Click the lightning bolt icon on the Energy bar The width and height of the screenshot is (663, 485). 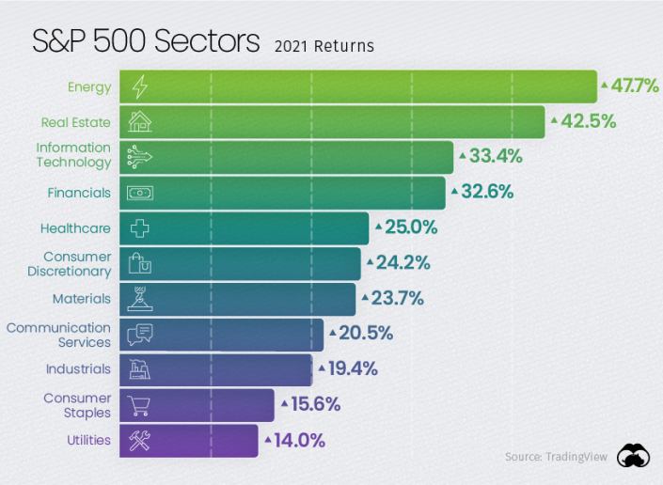tap(139, 87)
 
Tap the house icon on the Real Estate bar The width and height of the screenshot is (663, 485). tap(139, 122)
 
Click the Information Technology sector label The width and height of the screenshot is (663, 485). tap(73, 155)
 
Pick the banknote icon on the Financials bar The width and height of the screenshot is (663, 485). tap(139, 193)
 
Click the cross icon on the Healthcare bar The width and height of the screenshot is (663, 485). tap(139, 228)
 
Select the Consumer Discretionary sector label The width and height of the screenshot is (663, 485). tap(76, 264)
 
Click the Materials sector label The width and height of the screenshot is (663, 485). tap(81, 299)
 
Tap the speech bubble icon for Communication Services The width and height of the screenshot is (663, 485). tap(139, 334)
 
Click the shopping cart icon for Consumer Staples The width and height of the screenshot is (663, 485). tap(139, 405)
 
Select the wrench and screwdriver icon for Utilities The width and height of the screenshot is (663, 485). tap(139, 440)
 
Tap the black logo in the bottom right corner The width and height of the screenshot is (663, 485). tap(633, 456)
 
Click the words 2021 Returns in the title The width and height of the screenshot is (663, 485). tap(324, 46)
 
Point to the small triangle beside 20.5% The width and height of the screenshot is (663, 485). tap(332, 333)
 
